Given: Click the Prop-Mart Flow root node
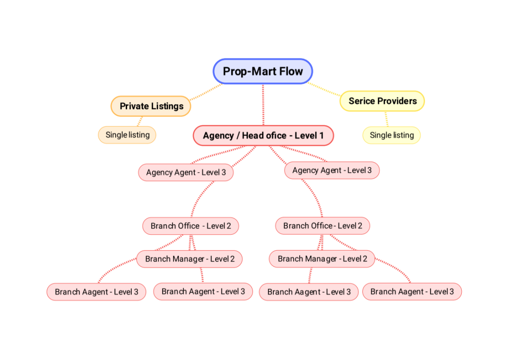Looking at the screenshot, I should pos(262,71).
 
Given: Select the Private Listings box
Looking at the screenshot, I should pos(151,106).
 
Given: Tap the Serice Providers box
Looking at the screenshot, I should pos(382,101).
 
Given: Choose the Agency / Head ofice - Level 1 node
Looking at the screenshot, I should pos(263,135).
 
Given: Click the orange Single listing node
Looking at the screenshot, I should pos(127,135).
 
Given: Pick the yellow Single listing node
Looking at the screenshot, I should pos(392,135).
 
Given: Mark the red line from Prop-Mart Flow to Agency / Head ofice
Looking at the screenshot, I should pos(263,104).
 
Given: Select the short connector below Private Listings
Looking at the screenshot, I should pos(140,121).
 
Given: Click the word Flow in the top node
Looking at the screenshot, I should pos(290,71).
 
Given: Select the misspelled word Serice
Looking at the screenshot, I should pos(361,101).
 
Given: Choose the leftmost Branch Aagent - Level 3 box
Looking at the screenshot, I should pos(96,292).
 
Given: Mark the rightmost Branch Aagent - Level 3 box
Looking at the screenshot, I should pos(412,291).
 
